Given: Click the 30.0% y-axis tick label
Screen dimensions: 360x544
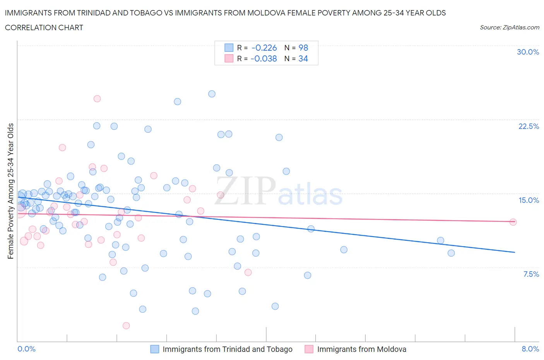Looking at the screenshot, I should (528, 52).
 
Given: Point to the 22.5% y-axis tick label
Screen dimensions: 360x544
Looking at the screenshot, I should (529, 126).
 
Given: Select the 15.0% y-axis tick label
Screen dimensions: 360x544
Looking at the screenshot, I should (529, 200).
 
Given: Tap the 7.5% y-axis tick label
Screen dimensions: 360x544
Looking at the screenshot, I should (531, 274).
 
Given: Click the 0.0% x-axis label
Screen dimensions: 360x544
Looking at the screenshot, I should (26, 349).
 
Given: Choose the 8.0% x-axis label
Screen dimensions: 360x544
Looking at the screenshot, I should (530, 349).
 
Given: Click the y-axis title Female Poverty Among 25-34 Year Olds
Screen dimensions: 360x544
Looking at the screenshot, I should (11, 191).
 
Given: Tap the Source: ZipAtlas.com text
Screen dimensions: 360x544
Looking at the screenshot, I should (509, 27).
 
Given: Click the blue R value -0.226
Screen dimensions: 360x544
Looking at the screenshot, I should (264, 48).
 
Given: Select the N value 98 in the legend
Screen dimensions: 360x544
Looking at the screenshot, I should (303, 48).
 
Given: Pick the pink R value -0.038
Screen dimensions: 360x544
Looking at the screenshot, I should (263, 58).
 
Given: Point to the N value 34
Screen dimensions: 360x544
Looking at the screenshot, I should (303, 58).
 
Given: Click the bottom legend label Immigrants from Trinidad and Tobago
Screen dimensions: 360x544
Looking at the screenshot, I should (228, 349).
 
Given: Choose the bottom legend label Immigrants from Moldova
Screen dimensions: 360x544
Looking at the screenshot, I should (361, 349).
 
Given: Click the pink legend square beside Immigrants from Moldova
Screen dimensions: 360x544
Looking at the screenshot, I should (309, 349).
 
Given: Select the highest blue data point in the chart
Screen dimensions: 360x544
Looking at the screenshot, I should (212, 94).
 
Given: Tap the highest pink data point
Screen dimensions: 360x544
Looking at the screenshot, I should (97, 99).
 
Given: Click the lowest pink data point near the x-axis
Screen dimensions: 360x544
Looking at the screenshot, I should (126, 326).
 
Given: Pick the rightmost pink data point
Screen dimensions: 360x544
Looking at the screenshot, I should (513, 222).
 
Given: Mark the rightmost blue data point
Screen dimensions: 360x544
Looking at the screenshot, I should (451, 253).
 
